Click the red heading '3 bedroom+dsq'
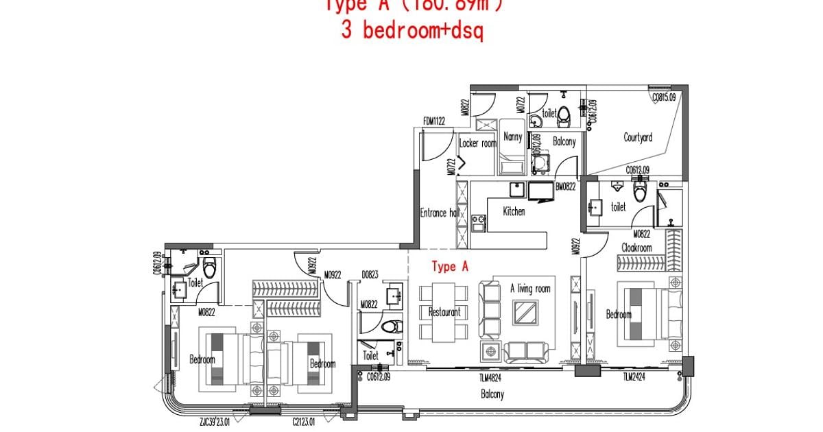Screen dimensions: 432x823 (412, 32)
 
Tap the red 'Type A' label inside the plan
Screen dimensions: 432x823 (449, 267)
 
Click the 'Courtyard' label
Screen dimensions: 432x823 (638, 138)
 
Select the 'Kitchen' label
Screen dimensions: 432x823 (514, 211)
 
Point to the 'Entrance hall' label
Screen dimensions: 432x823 (439, 213)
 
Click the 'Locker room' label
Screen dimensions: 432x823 (477, 143)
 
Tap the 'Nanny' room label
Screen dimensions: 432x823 (512, 136)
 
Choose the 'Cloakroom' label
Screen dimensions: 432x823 (636, 248)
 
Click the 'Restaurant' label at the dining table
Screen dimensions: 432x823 (444, 312)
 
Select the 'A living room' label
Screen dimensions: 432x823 (530, 289)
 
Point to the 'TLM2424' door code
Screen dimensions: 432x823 (636, 376)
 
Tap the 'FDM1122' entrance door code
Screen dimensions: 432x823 (434, 121)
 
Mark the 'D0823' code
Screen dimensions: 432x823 (370, 275)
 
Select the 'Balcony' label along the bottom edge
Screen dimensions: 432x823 (492, 394)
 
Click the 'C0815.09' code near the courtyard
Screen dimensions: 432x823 (664, 97)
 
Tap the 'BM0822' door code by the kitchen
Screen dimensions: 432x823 (565, 186)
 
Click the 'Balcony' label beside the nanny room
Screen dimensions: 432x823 (564, 143)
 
